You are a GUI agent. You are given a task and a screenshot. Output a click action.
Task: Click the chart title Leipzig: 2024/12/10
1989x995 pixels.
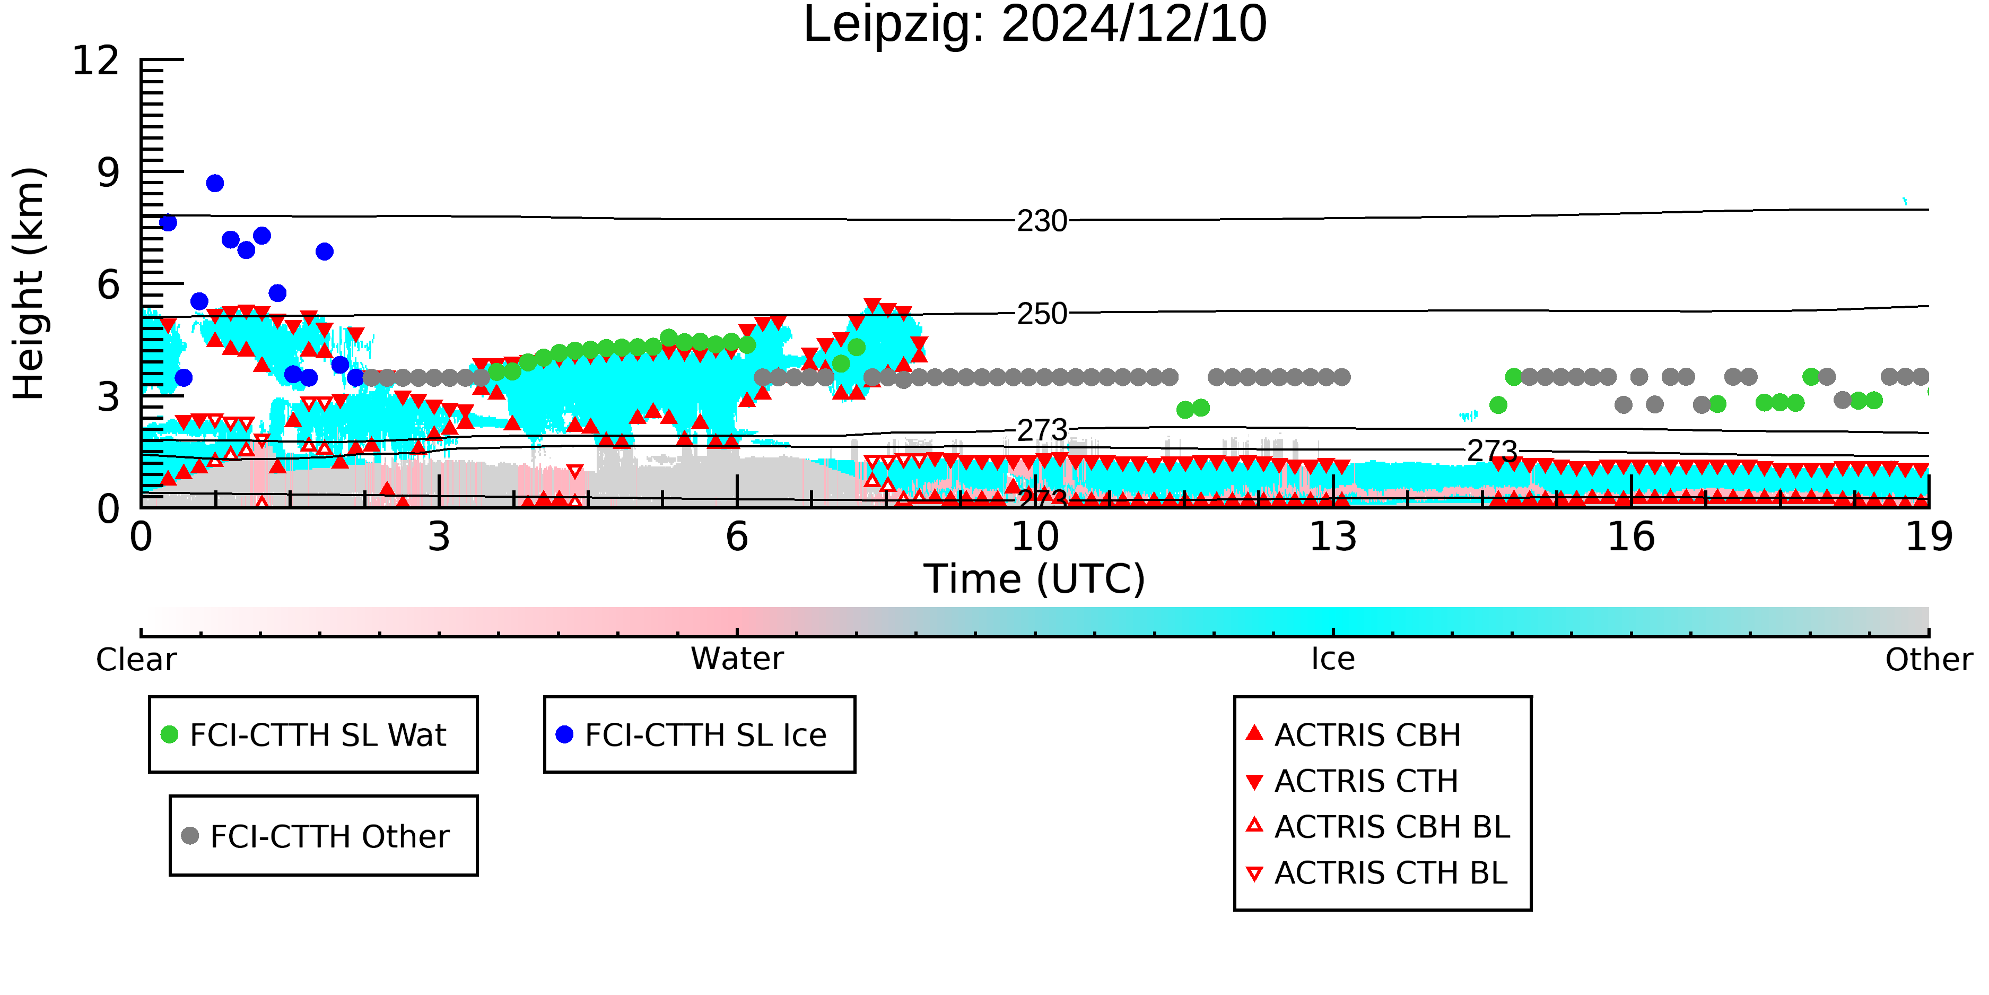(x=1035, y=25)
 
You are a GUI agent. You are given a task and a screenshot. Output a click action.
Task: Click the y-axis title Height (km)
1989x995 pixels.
(x=29, y=283)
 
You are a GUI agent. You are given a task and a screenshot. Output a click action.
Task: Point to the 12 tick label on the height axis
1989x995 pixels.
(x=96, y=60)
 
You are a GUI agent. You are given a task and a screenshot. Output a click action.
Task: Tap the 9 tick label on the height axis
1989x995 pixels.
(x=109, y=172)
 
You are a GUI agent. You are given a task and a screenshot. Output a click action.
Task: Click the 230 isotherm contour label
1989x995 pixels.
(x=1042, y=221)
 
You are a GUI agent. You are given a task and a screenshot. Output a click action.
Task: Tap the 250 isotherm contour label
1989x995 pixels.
(x=1042, y=314)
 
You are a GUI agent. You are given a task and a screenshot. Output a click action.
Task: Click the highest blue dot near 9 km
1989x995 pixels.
(x=215, y=183)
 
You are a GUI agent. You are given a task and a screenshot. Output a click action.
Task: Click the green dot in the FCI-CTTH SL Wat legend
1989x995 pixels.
(x=169, y=734)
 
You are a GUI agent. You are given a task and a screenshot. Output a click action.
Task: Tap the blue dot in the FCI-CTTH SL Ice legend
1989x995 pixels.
(x=564, y=734)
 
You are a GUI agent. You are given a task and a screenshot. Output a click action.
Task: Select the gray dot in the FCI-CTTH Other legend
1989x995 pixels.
(x=190, y=835)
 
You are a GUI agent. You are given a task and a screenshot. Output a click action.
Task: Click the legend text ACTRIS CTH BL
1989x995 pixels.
(x=1391, y=873)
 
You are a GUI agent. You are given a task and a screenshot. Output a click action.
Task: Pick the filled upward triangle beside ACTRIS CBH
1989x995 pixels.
(x=1255, y=732)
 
